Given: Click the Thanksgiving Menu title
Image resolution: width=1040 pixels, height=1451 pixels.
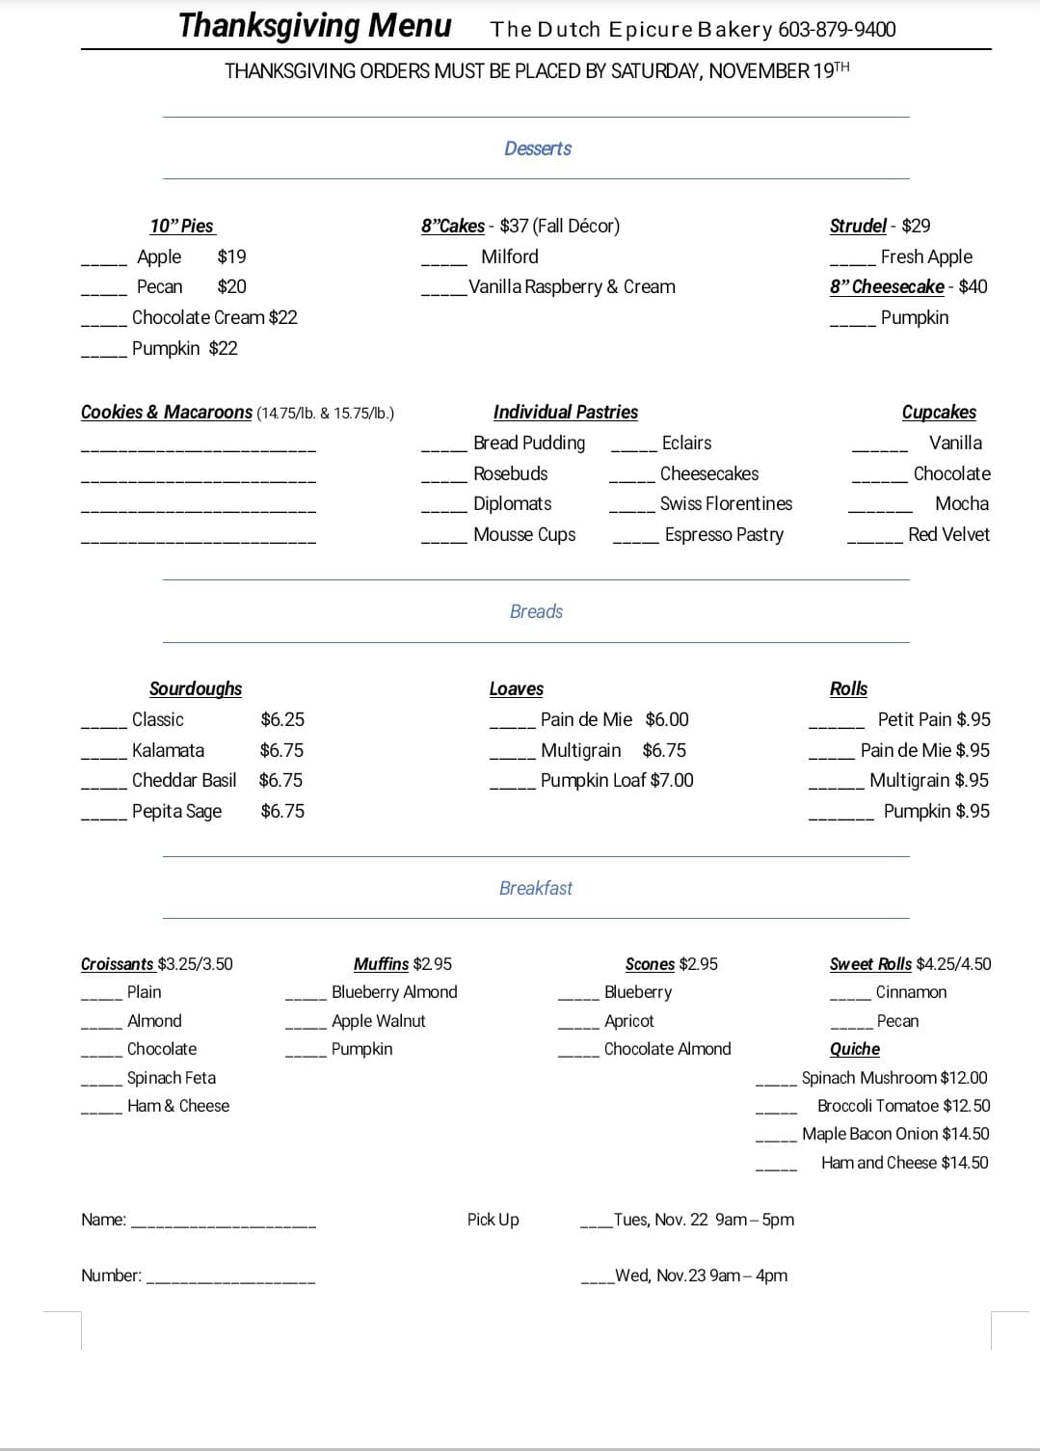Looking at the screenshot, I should tap(314, 26).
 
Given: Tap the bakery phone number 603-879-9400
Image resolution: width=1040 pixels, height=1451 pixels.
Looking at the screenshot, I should tap(837, 30).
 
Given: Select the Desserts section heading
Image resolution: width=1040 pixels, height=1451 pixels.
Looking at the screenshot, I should tap(537, 148).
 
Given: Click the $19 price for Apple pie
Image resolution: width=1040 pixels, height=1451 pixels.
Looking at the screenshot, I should tap(231, 256).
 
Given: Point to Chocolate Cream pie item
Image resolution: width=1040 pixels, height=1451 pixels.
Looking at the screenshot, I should tap(214, 317).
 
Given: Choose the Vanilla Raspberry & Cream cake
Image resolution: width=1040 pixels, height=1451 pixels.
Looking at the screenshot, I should tap(572, 286).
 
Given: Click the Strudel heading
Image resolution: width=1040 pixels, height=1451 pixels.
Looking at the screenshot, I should tap(857, 226).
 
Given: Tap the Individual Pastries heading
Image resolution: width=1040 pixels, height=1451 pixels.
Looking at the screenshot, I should tap(565, 412).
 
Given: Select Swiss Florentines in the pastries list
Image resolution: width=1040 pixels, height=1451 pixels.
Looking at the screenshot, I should tap(726, 503).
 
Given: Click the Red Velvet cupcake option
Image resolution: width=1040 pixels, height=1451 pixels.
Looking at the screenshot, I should tap(948, 534).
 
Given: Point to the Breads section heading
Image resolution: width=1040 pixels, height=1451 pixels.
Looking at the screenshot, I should tap(536, 611).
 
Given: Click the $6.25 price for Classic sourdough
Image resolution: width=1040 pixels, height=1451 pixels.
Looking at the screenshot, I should tap(282, 719).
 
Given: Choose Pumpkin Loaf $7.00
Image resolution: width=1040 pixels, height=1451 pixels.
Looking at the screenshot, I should tap(617, 780).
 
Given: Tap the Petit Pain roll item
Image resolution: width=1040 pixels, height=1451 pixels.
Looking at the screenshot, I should tap(933, 719).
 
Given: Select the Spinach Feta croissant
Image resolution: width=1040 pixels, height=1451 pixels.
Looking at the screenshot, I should tap(172, 1078).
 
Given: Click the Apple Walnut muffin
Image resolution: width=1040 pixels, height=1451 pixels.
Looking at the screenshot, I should tap(378, 1021).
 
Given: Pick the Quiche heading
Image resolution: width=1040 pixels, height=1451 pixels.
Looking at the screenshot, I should tap(854, 1049).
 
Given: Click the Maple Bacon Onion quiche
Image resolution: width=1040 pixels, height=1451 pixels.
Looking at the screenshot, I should tap(895, 1134).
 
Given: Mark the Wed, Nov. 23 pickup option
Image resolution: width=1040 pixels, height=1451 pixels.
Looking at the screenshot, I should tap(701, 1276).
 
